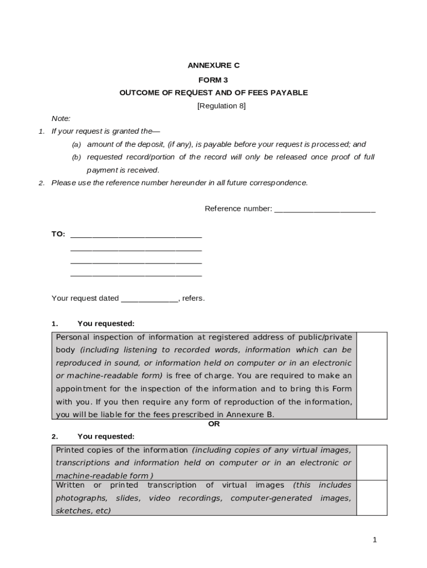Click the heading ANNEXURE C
pos(213,65)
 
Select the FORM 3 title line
pos(213,80)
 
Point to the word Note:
pos(61,119)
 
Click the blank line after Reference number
pos(325,210)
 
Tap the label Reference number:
pos(238,209)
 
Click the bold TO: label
pos(58,234)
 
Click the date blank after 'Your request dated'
pos(149,299)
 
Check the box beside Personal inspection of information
pos(372,376)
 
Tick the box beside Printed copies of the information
pos(372,462)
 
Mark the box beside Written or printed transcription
pos(372,498)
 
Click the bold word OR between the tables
pos(213,424)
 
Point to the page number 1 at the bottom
pos(375,540)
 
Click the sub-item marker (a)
pos(76,145)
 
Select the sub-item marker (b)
pos(76,158)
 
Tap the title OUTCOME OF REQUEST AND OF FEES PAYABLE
pos(213,93)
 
